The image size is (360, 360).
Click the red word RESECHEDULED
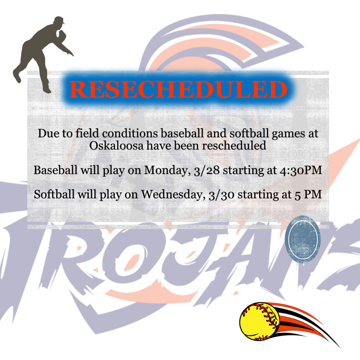[x=178, y=89]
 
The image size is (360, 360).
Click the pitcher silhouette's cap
[x=59, y=20]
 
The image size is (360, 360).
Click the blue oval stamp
[x=302, y=239]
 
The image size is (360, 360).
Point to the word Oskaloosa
[x=116, y=146]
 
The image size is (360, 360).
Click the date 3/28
[x=207, y=171]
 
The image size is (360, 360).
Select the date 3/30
[x=221, y=195]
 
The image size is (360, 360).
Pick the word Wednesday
[x=173, y=195]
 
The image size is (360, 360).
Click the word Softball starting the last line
[x=54, y=194]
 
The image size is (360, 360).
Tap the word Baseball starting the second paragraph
[x=56, y=170]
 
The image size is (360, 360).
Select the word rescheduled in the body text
[x=234, y=146]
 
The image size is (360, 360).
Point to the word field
[x=87, y=133]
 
